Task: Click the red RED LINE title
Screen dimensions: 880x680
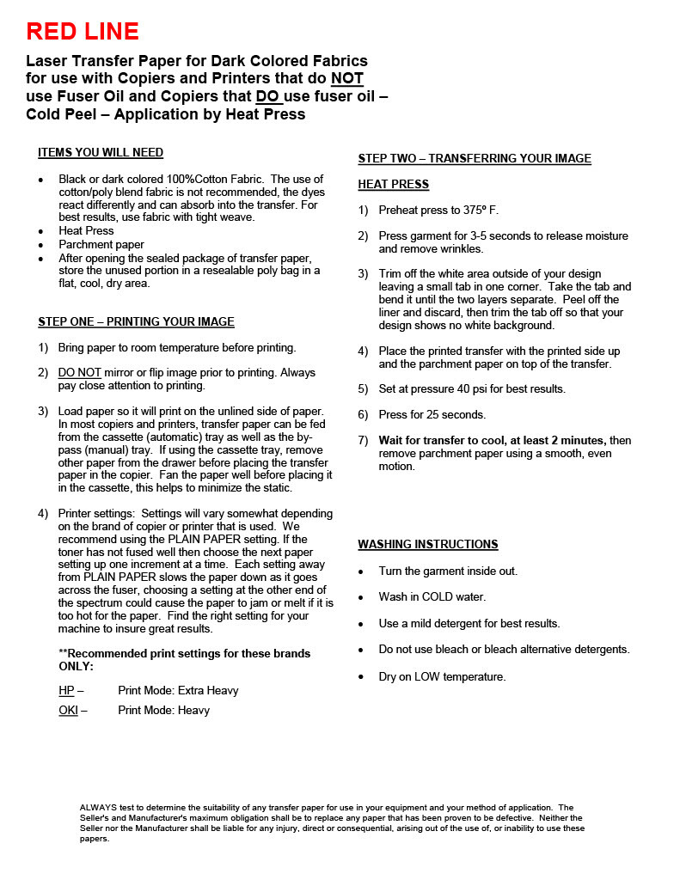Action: [83, 32]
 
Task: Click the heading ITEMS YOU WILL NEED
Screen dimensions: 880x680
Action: [101, 153]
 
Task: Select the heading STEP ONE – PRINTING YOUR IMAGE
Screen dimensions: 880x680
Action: [136, 321]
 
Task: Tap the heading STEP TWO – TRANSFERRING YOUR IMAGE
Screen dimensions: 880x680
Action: [475, 158]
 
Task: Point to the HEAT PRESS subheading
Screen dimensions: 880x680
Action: [393, 185]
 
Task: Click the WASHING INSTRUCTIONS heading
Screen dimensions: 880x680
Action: [428, 544]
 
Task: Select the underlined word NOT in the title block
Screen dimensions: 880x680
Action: [347, 79]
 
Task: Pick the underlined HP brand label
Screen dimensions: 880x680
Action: [67, 690]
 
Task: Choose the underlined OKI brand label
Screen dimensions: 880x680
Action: [69, 711]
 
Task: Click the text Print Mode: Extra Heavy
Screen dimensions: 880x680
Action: [178, 690]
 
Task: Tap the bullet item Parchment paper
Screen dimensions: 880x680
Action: [101, 245]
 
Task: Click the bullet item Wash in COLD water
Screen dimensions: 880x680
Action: [432, 597]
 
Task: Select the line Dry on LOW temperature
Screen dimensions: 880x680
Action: [442, 677]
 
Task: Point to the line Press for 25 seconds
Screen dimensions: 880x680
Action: [432, 414]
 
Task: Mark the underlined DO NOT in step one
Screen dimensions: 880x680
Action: [80, 373]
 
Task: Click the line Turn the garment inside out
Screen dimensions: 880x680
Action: [448, 571]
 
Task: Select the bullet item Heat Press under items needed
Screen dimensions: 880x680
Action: [86, 231]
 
